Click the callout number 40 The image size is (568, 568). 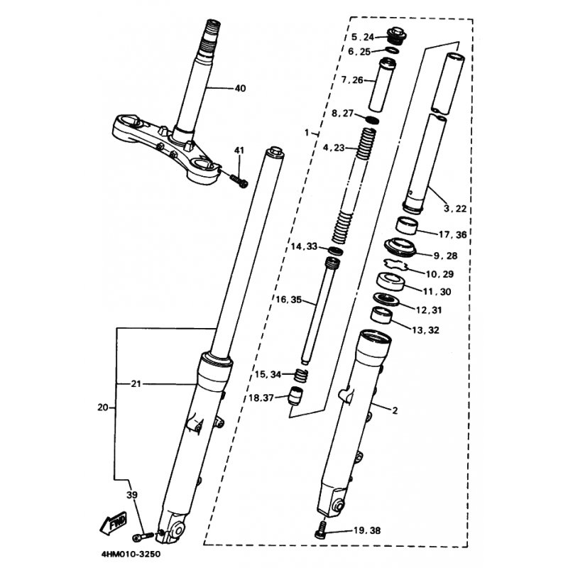(240, 88)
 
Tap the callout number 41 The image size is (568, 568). (239, 151)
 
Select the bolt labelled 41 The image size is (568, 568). (239, 181)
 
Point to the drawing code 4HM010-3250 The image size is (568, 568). (131, 555)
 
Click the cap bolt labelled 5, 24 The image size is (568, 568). (397, 36)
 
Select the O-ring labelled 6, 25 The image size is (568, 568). (393, 50)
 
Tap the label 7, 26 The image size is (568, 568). (352, 80)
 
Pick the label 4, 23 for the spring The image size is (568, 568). (334, 148)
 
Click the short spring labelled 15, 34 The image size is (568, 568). (300, 375)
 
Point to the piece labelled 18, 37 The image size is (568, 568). (295, 397)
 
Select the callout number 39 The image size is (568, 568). (132, 495)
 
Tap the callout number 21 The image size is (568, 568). (136, 383)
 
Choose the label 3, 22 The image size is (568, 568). (455, 209)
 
